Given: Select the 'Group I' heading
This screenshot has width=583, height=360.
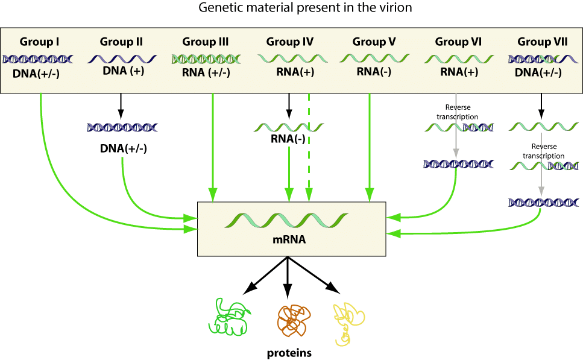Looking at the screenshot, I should click(x=39, y=42).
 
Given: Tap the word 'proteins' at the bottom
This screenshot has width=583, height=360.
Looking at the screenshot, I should click(x=289, y=353).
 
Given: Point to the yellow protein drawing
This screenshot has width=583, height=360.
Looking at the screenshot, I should click(x=348, y=323).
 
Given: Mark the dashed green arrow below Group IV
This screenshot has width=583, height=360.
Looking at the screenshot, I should click(x=309, y=145).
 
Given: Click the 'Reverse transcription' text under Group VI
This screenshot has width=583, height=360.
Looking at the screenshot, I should click(x=456, y=113).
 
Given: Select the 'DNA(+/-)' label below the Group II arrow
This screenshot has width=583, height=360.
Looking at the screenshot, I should click(x=122, y=148).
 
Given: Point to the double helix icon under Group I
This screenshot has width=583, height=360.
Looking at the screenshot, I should click(x=38, y=59).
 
